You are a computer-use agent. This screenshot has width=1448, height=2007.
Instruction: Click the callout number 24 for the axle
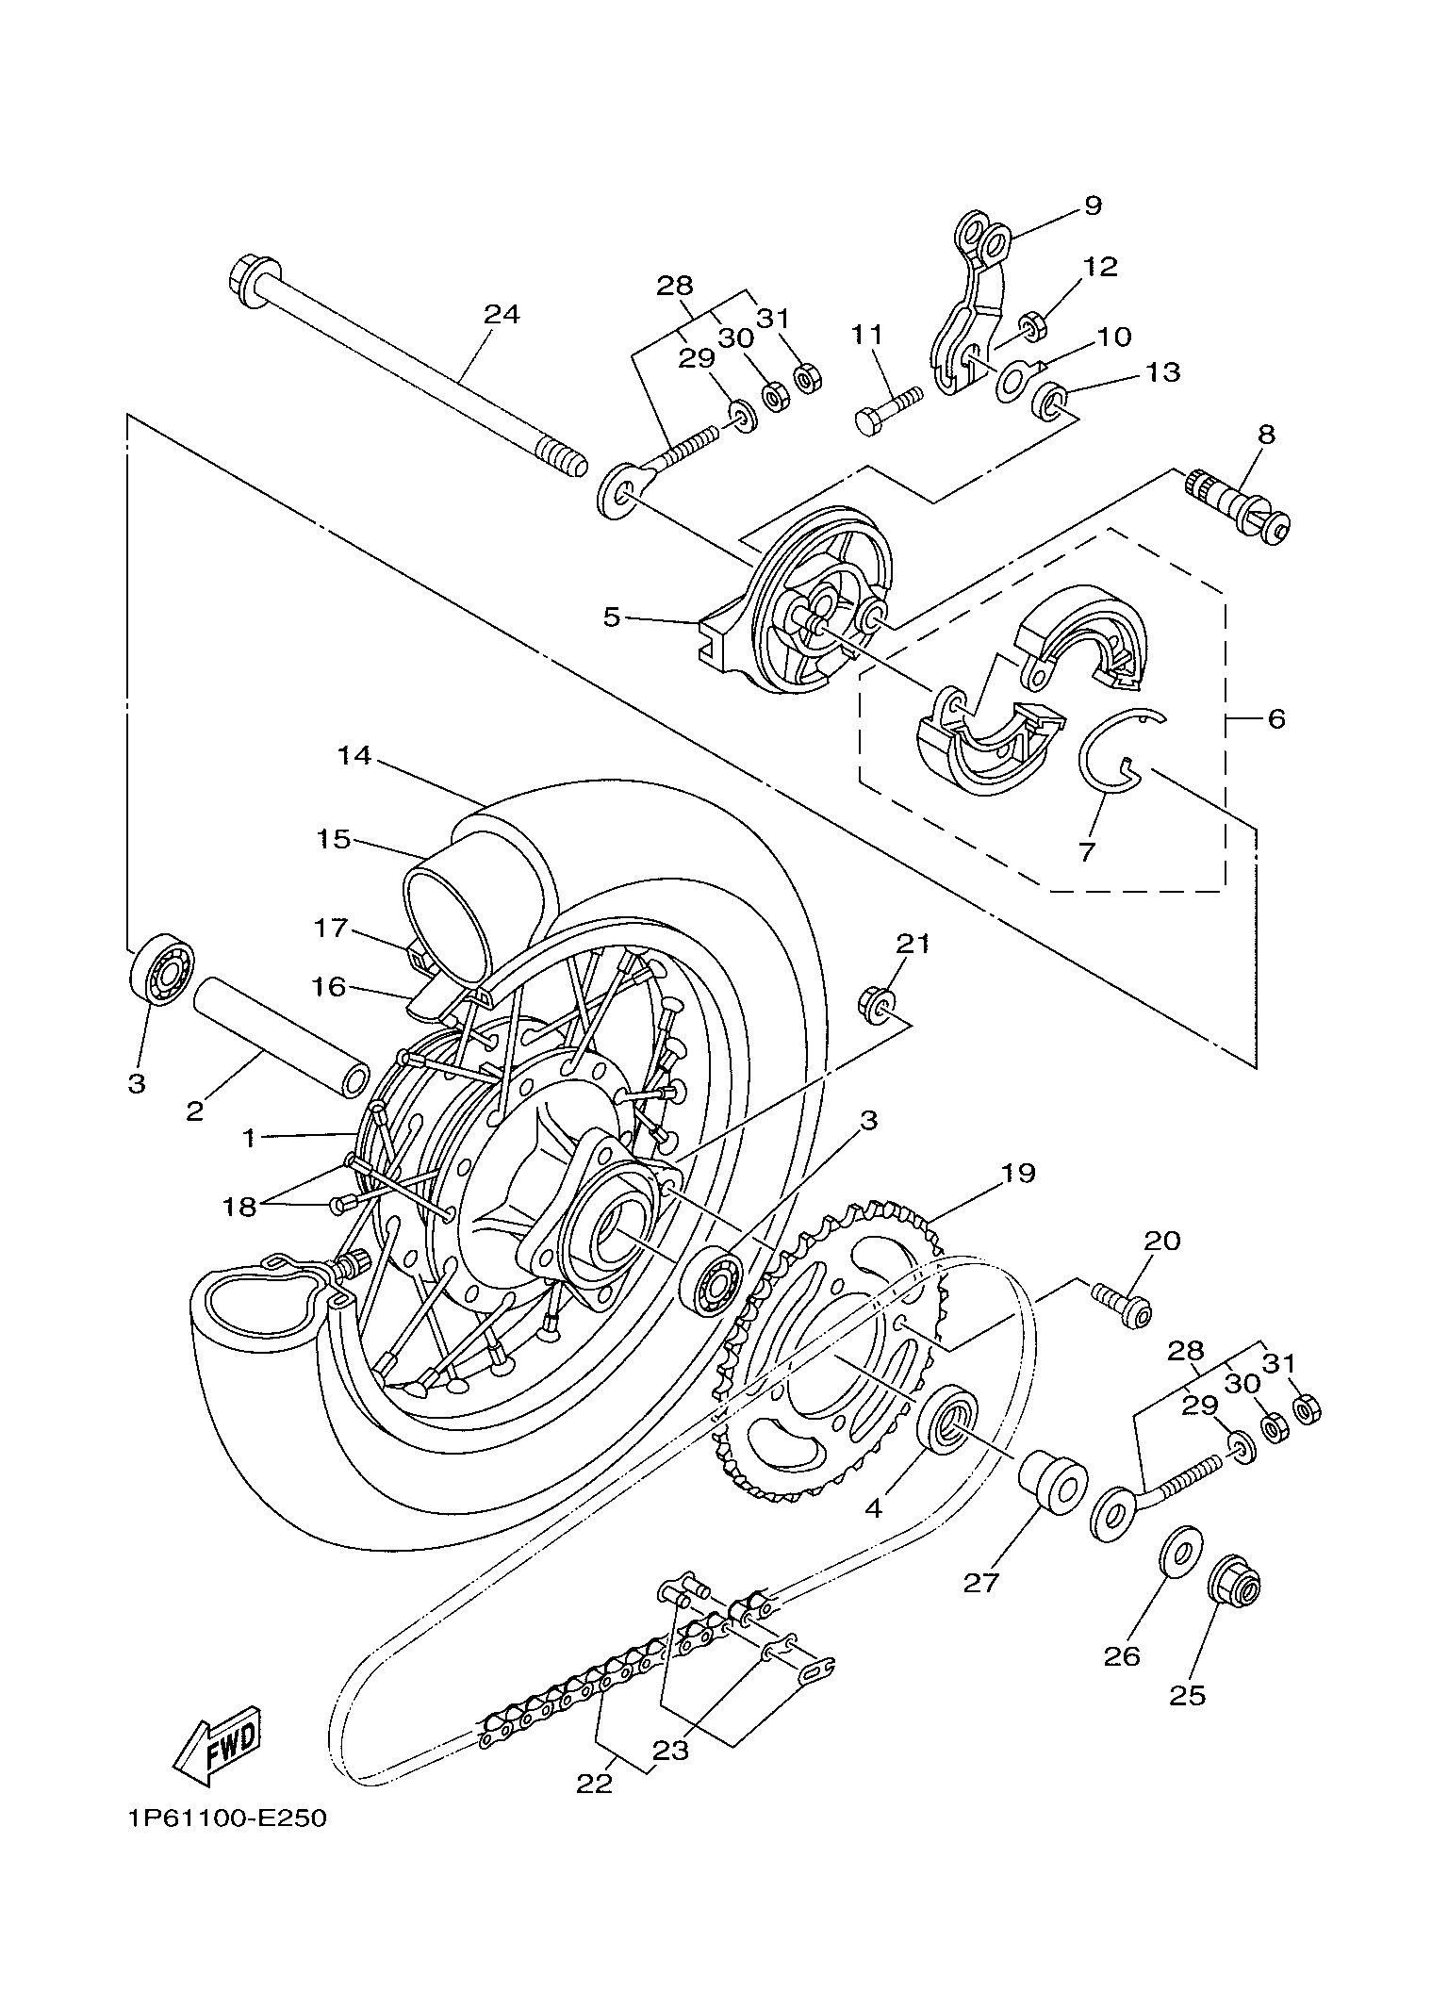502,314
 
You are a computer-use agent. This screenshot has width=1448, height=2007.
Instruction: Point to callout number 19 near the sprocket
1017,1173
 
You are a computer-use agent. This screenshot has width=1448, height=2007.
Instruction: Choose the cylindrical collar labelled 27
1050,1481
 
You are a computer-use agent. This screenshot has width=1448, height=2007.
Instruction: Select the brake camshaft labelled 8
1238,504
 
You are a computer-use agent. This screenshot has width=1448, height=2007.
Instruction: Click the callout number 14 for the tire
355,756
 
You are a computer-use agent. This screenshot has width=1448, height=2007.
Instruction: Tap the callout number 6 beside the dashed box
1275,719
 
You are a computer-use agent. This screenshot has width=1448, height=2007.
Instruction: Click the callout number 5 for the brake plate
612,618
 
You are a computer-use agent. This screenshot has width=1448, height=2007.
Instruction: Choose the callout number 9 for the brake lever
1092,206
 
